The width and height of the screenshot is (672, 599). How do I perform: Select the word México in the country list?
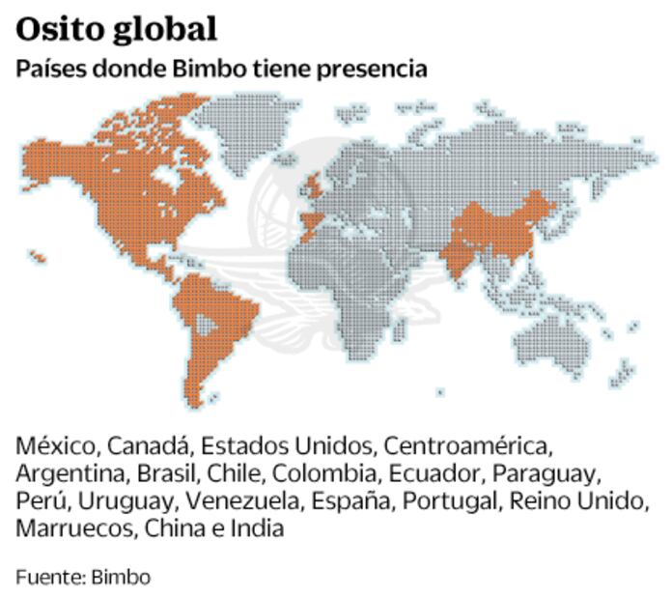(x=54, y=447)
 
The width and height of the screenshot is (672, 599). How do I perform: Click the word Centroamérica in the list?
(x=466, y=447)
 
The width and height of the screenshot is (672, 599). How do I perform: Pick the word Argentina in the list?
(x=69, y=474)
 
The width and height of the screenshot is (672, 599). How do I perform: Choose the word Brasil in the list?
(x=165, y=474)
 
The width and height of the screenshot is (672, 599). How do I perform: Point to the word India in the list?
(x=258, y=528)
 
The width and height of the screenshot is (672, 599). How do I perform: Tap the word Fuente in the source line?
(x=49, y=577)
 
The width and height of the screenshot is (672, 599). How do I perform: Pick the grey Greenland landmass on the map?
(x=246, y=126)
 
